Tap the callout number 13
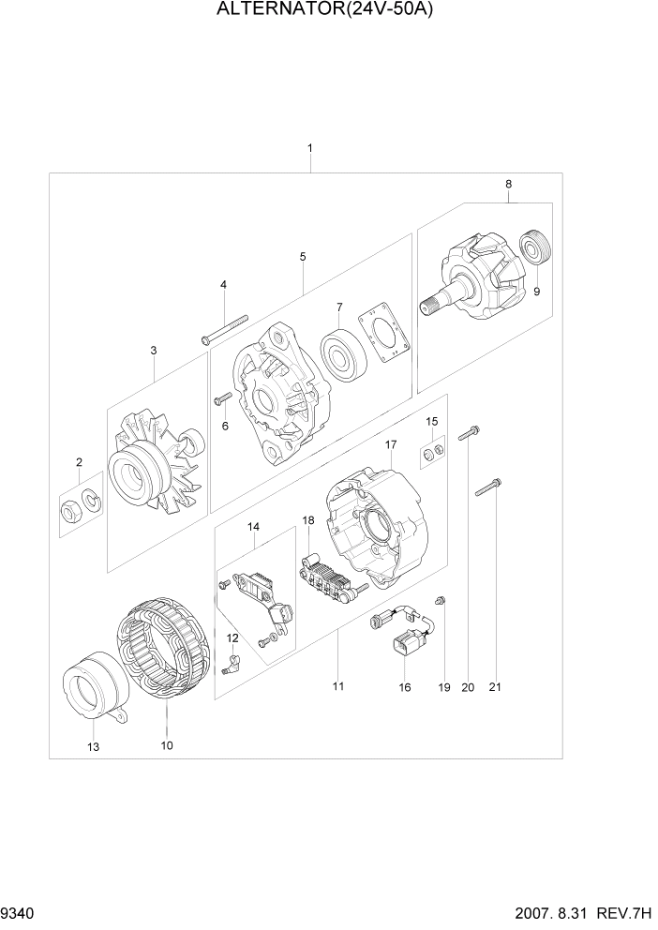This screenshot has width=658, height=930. [x=94, y=746]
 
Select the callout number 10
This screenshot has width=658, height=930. [x=166, y=745]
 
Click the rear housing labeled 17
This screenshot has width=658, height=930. [x=373, y=531]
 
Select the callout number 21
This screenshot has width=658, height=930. [x=495, y=687]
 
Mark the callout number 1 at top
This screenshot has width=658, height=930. [x=309, y=148]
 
